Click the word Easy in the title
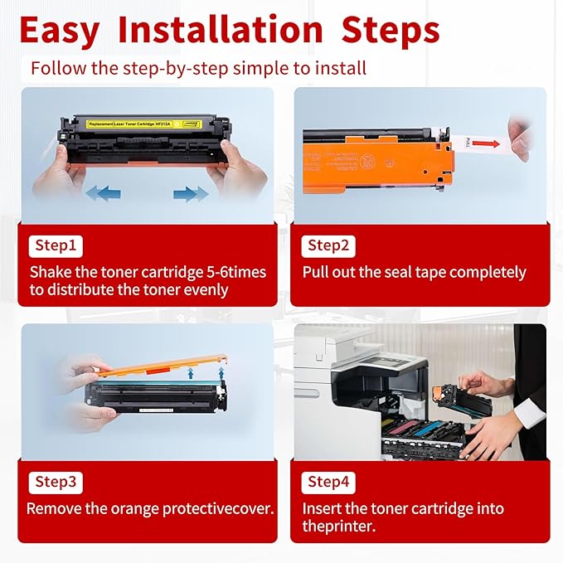coord(61,31)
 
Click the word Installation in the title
coord(220,31)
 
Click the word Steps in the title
coord(386,31)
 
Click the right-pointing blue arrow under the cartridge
coord(191,193)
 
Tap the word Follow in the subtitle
coord(56,67)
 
